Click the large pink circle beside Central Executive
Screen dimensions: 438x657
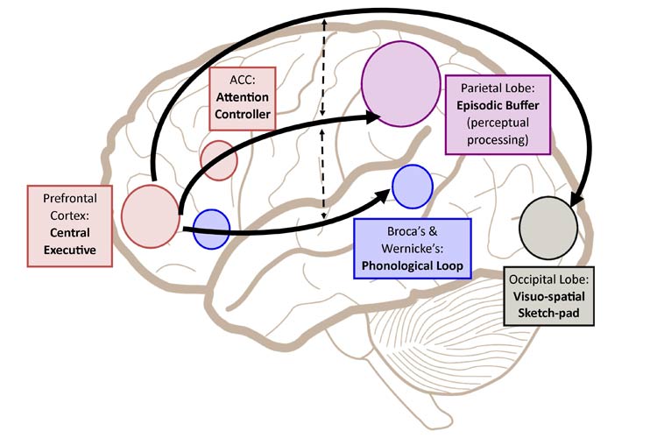(x=151, y=215)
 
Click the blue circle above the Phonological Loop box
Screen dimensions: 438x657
(x=413, y=186)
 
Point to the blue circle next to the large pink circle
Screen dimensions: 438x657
(x=211, y=229)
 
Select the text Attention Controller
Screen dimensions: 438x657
(x=242, y=105)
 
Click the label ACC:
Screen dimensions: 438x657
(x=242, y=80)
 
